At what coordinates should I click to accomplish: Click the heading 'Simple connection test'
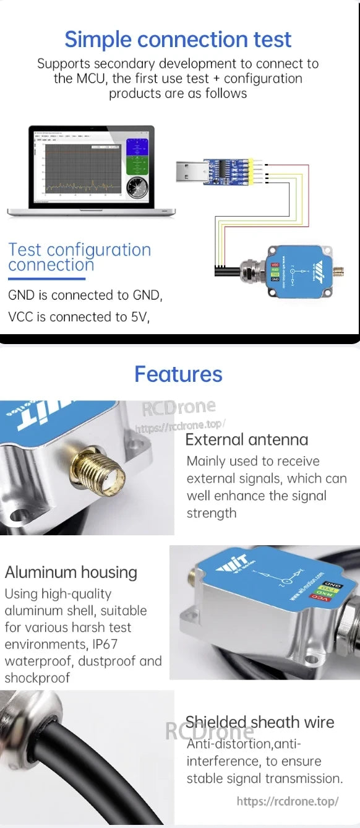178,40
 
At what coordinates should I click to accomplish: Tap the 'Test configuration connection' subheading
79,257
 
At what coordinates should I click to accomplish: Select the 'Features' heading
178,374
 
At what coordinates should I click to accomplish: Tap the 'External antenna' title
246,440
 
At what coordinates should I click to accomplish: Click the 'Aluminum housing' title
71,572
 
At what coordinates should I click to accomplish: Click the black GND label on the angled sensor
333,584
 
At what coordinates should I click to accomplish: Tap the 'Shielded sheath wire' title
260,722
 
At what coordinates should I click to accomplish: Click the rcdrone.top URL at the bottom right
288,801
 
